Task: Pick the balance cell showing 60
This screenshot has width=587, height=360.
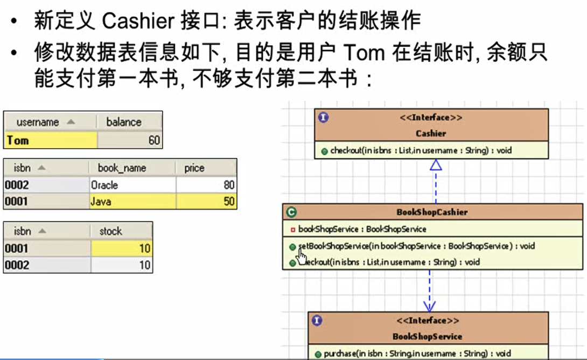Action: [x=129, y=141]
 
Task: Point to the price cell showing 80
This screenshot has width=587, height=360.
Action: [x=206, y=185]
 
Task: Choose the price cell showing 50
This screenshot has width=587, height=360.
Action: [x=206, y=202]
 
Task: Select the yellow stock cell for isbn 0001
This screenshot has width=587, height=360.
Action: [x=122, y=248]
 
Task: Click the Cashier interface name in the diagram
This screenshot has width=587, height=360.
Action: [x=431, y=133]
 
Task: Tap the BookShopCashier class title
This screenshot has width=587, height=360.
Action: [x=432, y=212]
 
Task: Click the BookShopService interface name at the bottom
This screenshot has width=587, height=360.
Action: [x=427, y=336]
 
